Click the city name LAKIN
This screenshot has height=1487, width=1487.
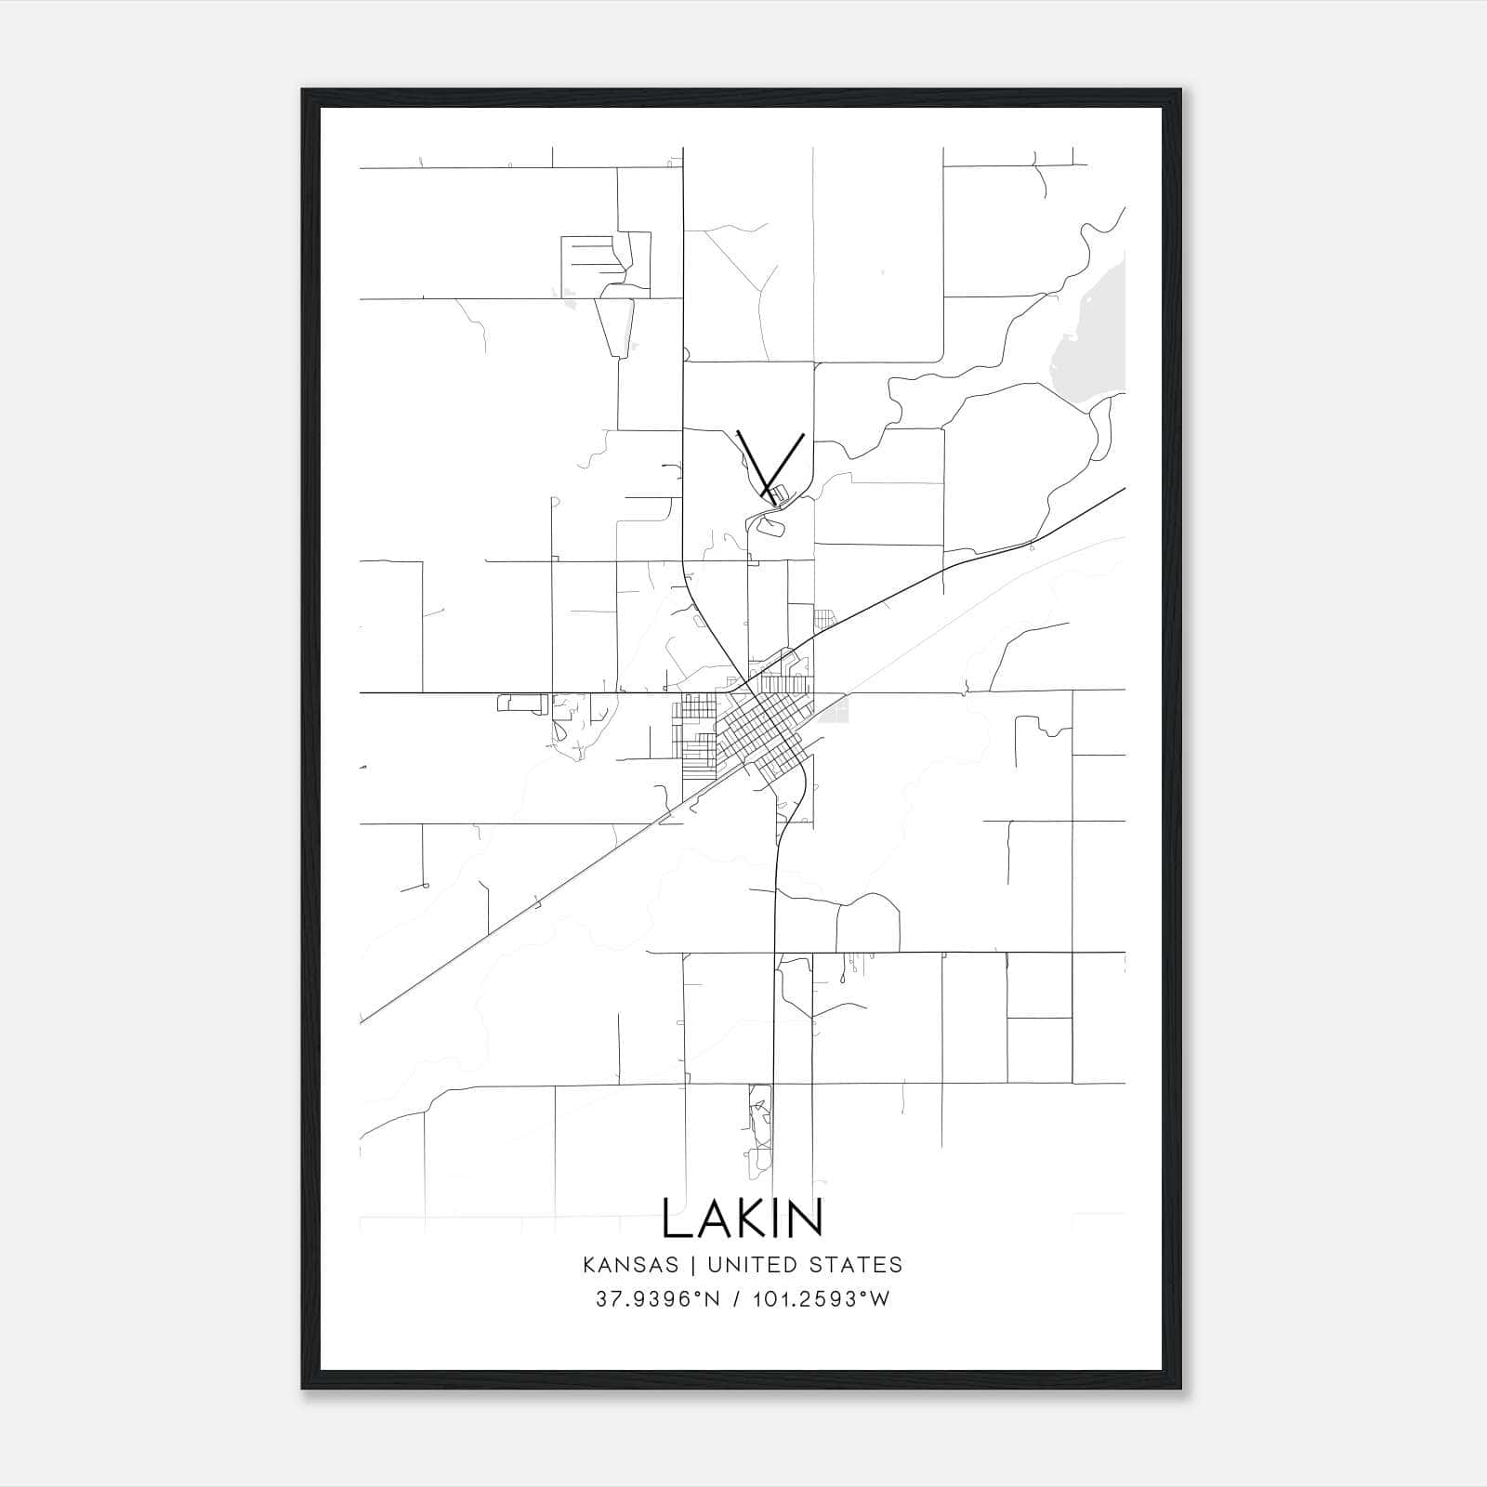pyautogui.click(x=743, y=1217)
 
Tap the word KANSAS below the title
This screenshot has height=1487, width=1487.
pyautogui.click(x=636, y=1265)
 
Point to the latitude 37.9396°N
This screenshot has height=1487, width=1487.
pyautogui.click(x=657, y=1299)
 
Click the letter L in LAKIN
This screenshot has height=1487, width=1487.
pyautogui.click(x=675, y=1217)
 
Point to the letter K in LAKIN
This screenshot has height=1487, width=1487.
pyautogui.click(x=743, y=1217)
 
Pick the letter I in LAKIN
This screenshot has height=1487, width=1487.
pyautogui.click(x=770, y=1217)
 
